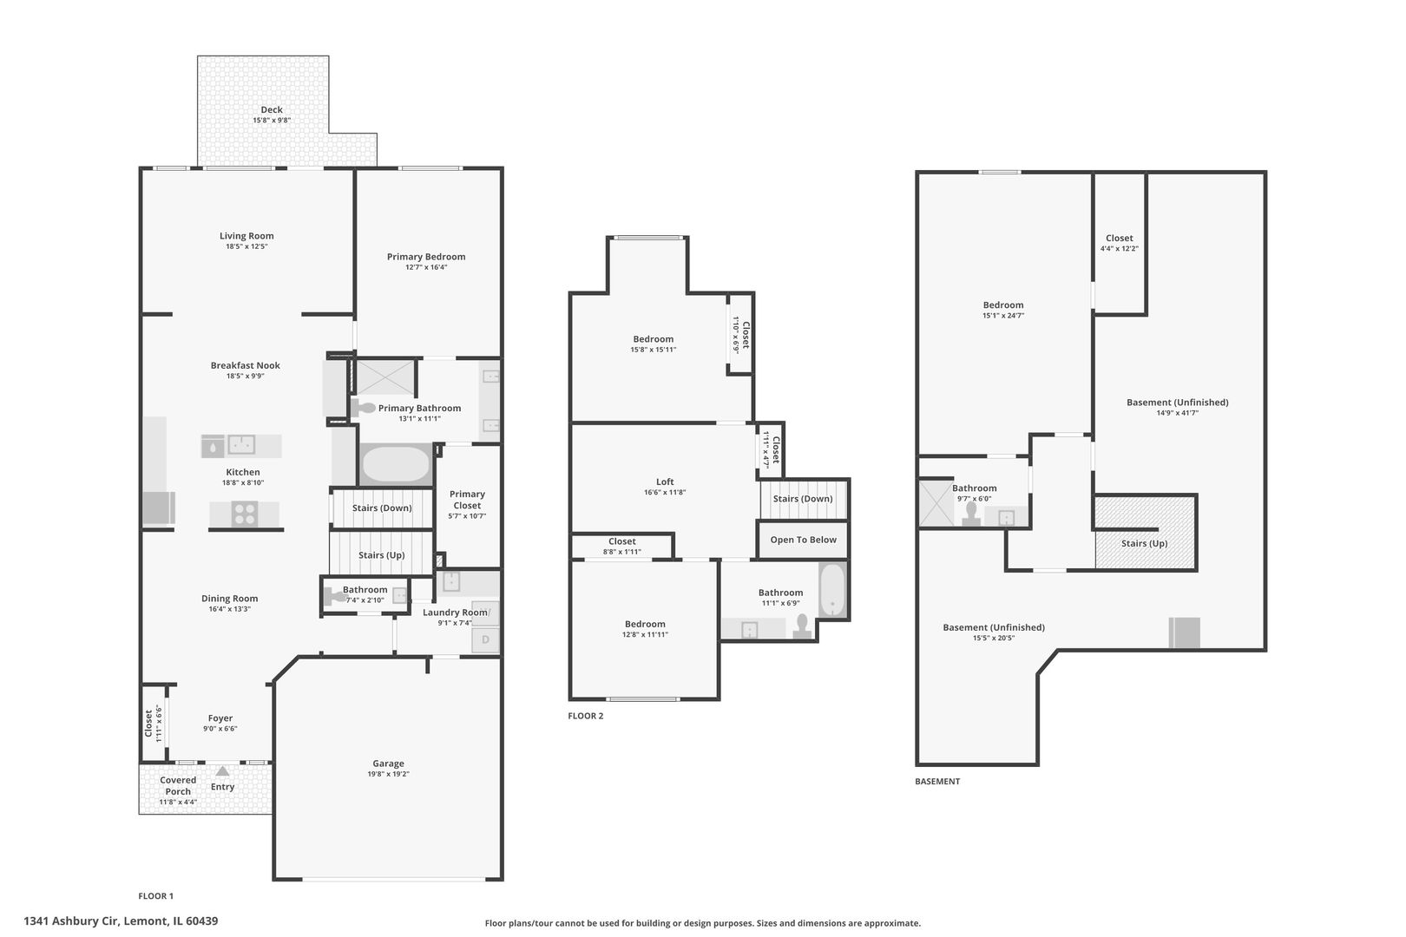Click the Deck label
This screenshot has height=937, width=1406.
[x=272, y=110]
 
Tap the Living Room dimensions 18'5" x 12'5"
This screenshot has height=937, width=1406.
[x=246, y=246]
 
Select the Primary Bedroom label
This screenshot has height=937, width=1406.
[x=426, y=257]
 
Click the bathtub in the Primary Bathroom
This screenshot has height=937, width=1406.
[x=396, y=464]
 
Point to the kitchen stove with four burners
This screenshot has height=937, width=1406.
[x=245, y=514]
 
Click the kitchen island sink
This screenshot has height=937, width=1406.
[x=241, y=445]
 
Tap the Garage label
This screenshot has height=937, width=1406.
[x=388, y=763]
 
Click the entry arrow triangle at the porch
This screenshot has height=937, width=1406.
[x=223, y=770]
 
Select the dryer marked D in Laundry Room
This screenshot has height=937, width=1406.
[x=485, y=640]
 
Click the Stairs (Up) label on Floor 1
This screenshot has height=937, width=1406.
[x=382, y=555]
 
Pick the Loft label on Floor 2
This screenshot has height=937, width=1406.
[x=665, y=482]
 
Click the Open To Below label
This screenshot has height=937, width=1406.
[x=804, y=540]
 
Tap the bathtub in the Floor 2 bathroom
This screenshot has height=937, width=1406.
[x=832, y=591]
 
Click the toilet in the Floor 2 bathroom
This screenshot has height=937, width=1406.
[x=803, y=626]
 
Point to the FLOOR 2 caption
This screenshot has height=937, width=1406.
[x=586, y=716]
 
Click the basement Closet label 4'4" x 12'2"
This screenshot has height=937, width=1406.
[x=1120, y=239]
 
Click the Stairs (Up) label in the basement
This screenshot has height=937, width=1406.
[x=1145, y=544]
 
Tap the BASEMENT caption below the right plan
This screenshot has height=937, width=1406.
[x=937, y=781]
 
